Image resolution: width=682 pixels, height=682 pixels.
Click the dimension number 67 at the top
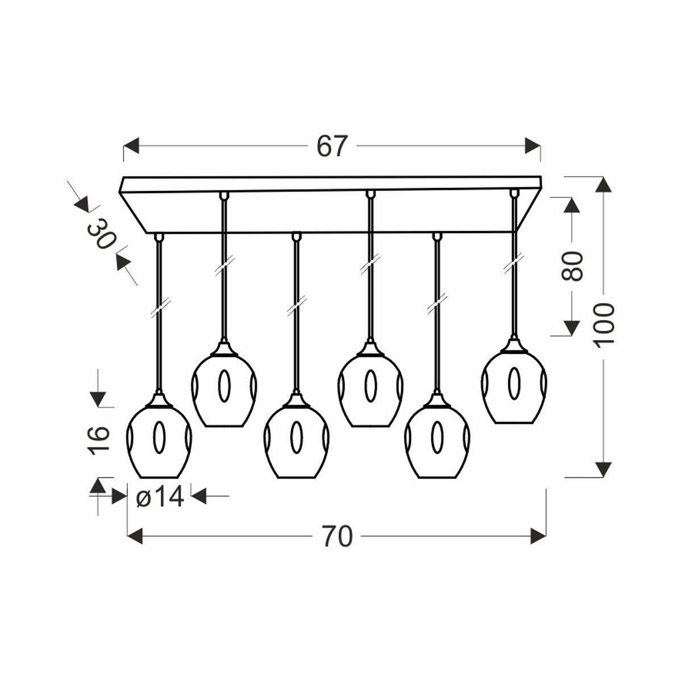[x=331, y=146]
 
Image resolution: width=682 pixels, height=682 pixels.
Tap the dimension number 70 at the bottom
[x=337, y=536]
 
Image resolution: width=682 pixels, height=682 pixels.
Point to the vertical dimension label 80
[x=572, y=265]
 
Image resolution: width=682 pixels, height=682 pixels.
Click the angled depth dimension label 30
[x=101, y=234]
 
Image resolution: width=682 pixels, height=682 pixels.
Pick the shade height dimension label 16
[x=98, y=441]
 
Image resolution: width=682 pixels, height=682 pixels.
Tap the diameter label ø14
[x=160, y=498]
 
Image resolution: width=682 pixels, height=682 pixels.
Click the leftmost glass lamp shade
[x=159, y=441]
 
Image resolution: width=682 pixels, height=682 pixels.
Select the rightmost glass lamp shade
[x=514, y=387]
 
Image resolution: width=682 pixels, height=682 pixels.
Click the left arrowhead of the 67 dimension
[x=131, y=146]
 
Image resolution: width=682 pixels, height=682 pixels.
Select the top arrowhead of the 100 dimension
[x=605, y=184]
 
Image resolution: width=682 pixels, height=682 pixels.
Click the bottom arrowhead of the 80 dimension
[x=571, y=327]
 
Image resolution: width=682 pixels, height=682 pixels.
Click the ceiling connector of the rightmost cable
[x=514, y=193]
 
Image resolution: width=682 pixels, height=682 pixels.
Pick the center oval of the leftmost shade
[x=159, y=439]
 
